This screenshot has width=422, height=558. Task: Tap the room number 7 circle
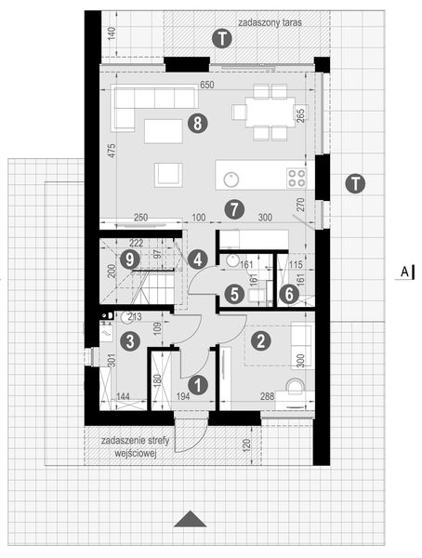pos(233,207)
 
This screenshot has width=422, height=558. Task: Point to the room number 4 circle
pos(196,259)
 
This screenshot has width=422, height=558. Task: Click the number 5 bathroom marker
pos(234,293)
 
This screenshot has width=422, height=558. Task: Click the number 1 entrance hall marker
pos(196,382)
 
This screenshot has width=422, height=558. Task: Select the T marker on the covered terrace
pos(221,38)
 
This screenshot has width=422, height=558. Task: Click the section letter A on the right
pos(405,271)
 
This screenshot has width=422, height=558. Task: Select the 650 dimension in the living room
pos(206,86)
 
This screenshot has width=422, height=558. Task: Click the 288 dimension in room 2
pos(267,397)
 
